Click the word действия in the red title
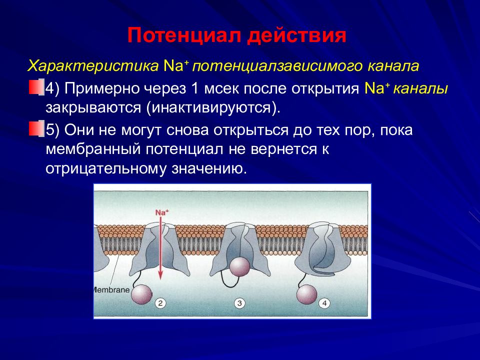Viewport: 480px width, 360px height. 297,36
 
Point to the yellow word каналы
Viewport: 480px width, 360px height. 420,88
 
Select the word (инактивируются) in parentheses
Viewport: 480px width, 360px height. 213,108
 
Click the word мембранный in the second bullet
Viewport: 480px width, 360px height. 93,149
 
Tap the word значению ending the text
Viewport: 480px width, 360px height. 209,169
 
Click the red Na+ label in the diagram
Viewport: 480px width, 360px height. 162,212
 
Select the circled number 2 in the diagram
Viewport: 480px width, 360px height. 160,303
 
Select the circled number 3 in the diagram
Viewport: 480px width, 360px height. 239,303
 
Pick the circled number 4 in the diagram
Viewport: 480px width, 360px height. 324,303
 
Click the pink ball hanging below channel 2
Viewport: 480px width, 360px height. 141,294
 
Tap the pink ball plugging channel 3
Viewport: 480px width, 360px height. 239,267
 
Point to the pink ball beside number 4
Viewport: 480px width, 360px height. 306,294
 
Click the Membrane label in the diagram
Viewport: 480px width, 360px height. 111,289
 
